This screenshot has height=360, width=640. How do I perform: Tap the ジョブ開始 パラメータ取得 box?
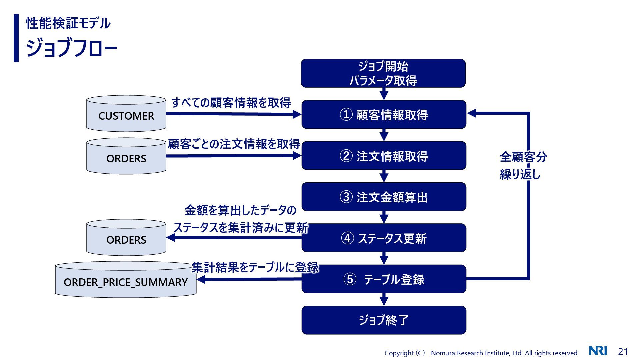pos(383,73)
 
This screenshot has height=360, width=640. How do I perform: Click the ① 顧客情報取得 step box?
pos(384,114)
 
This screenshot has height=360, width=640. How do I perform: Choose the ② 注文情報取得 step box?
pos(384,156)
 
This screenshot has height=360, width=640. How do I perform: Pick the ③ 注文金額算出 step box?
pos(384,197)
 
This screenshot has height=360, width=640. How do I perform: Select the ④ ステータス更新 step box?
pos(384,238)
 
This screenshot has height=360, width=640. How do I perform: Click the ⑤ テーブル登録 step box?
pos(384,279)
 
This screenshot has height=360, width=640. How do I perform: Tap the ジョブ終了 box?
pos(384,320)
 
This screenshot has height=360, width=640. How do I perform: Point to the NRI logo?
pos(598,351)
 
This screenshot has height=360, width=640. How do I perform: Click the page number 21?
pos(623,352)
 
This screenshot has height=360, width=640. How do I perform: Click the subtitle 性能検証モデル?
pos(68,23)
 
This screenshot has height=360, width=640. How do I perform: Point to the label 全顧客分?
pos(523,157)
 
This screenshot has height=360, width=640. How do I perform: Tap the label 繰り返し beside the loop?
pos(520,174)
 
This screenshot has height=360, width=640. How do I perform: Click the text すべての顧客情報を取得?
pos(231,103)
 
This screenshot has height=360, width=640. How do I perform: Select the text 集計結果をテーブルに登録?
pos(255,267)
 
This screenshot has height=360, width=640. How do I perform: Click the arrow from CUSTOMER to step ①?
pos(233,114)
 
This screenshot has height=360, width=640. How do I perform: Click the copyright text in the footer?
pos(481,353)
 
